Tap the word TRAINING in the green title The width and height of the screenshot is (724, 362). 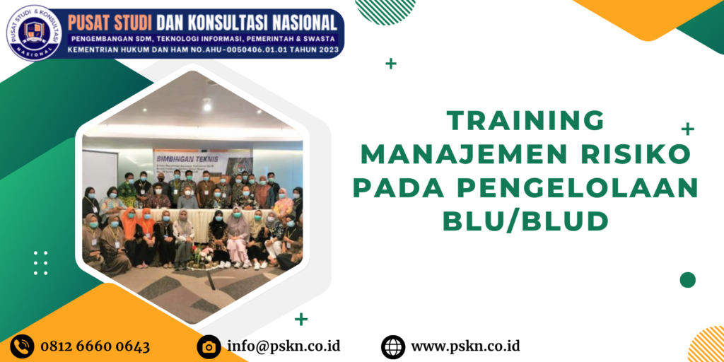tap(526, 120)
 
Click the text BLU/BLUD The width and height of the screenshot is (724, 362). tap(525, 221)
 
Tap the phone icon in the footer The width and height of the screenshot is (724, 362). tap(23, 346)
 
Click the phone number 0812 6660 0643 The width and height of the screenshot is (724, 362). tap(95, 346)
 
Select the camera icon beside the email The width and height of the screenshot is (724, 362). tap(209, 346)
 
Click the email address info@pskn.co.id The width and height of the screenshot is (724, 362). tap(284, 346)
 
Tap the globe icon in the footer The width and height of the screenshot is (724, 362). tap(393, 346)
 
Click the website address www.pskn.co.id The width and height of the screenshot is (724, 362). tap(465, 346)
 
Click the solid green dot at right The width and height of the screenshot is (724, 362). tap(687, 280)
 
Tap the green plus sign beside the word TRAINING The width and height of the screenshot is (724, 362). tap(687, 129)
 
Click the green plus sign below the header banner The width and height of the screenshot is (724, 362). tap(391, 64)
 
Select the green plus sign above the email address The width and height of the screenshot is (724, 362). tap(301, 319)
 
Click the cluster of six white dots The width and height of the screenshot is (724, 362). tap(41, 262)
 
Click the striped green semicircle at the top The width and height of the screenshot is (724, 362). tap(385, 11)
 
